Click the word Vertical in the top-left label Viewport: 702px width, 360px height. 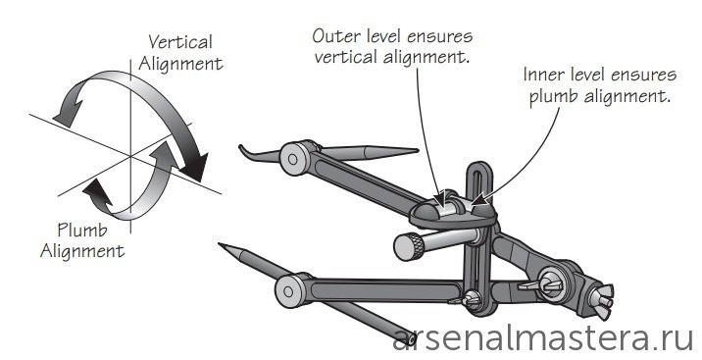(180, 42)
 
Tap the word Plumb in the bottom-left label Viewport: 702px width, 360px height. (82, 231)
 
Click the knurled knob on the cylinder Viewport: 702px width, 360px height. (409, 246)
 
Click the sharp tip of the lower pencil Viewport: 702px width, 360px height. (219, 244)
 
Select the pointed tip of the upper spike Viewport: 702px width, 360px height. (418, 150)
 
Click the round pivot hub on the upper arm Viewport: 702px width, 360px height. (293, 158)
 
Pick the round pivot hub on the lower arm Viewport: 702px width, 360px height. (289, 291)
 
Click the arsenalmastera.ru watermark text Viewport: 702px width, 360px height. (543, 339)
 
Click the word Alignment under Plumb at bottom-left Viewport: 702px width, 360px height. (82, 252)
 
